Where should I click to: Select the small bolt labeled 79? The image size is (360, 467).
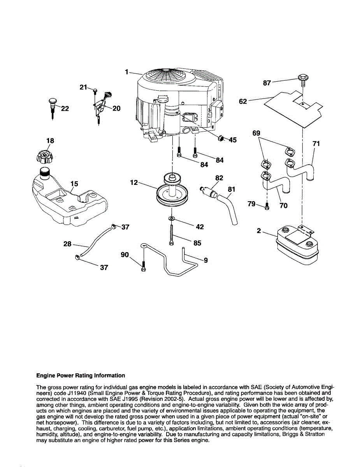click(x=267, y=207)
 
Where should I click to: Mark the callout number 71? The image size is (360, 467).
click(x=316, y=144)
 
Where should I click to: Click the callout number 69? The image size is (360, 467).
click(x=256, y=133)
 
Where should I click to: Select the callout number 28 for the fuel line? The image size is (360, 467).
click(x=67, y=244)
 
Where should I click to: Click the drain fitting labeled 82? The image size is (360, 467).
click(x=210, y=191)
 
